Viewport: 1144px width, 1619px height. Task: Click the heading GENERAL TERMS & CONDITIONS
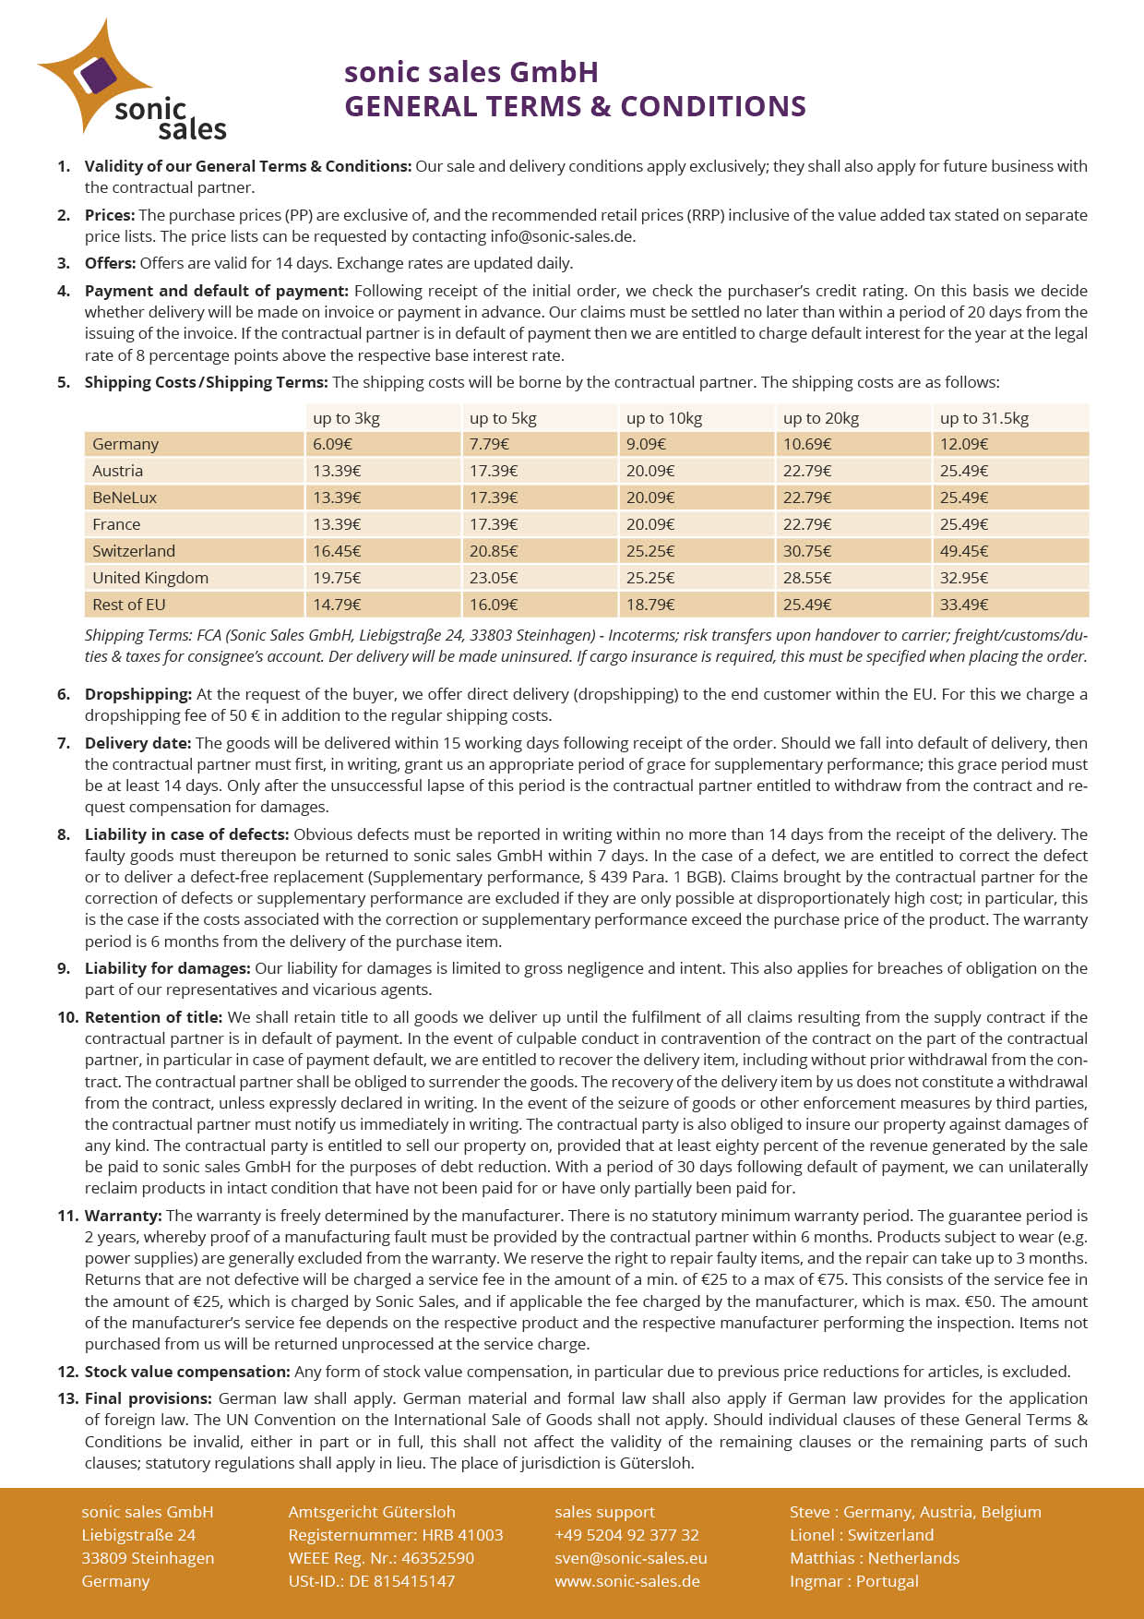pos(575,106)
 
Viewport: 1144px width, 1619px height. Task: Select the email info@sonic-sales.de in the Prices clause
pos(562,236)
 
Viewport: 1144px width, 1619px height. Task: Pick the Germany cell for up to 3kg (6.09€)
pos(332,444)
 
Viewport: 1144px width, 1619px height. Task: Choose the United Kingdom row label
pos(150,578)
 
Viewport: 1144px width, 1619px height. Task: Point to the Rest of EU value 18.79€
pos(650,605)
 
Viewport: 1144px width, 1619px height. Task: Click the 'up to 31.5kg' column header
pos(983,418)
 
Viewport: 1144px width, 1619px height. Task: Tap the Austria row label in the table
pos(118,471)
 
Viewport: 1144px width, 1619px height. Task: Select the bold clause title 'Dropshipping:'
pos(138,694)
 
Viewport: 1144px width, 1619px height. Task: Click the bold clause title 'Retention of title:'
pos(153,1017)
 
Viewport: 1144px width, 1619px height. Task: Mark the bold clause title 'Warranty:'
pos(124,1216)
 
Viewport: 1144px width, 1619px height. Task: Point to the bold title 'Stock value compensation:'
pos(187,1372)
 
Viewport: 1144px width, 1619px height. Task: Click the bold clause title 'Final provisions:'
pos(149,1398)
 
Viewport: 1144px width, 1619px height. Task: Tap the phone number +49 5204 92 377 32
pos(626,1535)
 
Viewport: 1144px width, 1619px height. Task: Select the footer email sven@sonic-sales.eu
pos(631,1558)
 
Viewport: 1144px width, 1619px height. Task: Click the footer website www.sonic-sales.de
pos(627,1581)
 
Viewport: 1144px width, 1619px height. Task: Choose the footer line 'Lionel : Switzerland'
pos(862,1535)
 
